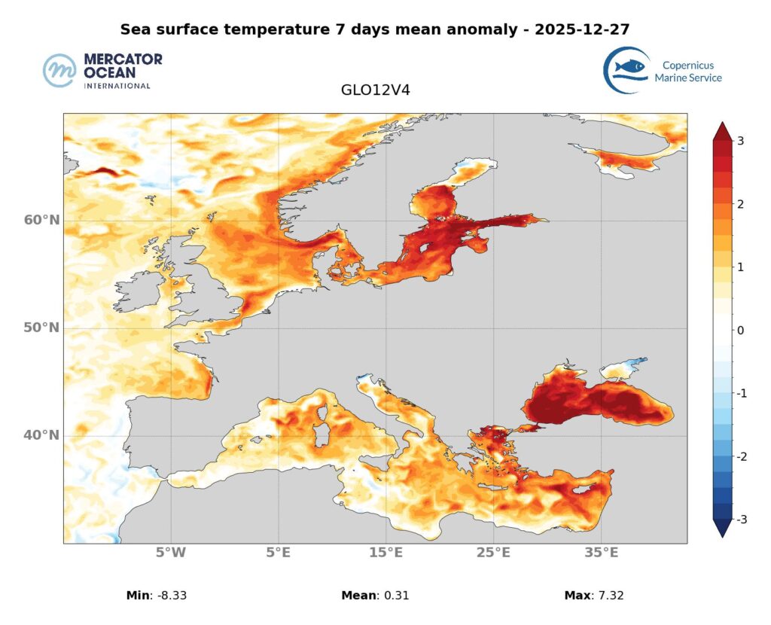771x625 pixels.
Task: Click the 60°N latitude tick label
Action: tap(41, 220)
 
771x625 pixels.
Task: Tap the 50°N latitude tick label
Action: tap(41, 328)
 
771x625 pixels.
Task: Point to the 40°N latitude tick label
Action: tap(41, 435)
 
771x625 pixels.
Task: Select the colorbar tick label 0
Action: tap(741, 330)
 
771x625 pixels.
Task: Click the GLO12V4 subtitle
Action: tap(375, 90)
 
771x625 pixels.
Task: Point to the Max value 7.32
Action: tap(608, 596)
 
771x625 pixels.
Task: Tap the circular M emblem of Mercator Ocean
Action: tap(61, 71)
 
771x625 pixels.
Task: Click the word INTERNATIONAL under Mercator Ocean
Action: tap(117, 86)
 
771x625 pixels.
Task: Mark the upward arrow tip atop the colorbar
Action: tap(722, 123)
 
